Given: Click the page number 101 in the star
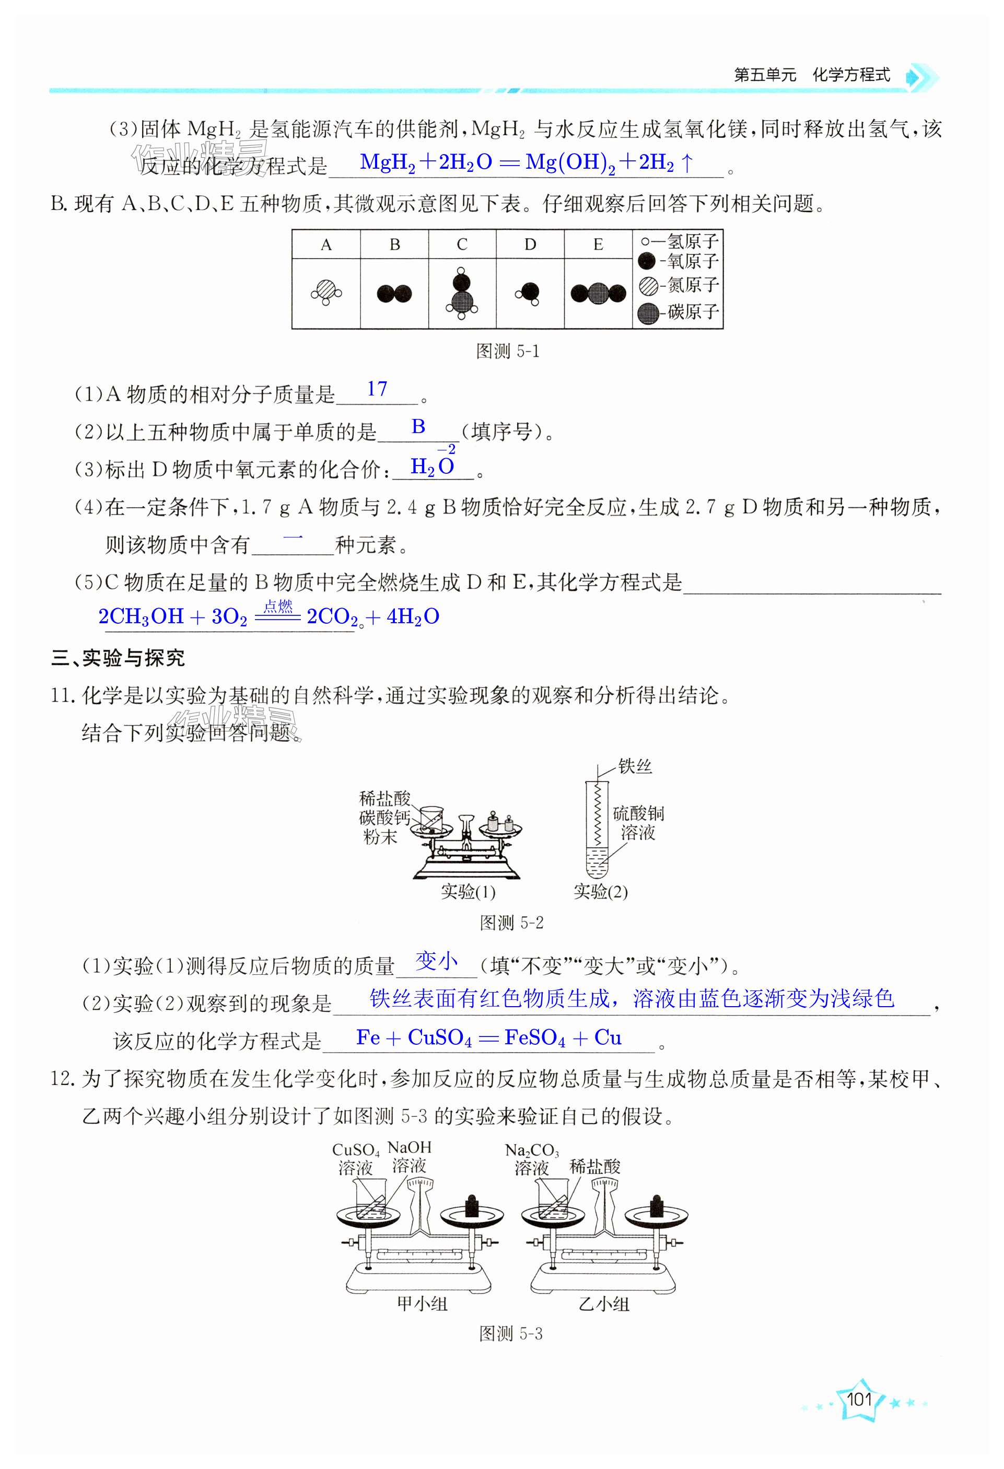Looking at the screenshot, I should pos(859,1399).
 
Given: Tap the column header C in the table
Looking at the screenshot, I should pos(462,244).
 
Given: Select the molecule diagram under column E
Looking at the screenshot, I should pos(598,293).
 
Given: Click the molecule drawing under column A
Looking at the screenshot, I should pos(326,293).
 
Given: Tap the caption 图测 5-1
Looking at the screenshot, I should pos(508,352).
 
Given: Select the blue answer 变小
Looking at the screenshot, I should pos(436,961).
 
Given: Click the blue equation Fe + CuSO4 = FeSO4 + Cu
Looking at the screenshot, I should pos(489,1038).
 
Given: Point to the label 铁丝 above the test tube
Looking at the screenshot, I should pos(635,767).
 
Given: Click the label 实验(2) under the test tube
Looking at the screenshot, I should pos(600,892).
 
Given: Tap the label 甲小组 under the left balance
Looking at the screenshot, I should pos(422,1303).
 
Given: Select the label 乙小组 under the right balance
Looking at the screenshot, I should pos(604,1303).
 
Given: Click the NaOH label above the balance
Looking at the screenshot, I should pos(409,1148).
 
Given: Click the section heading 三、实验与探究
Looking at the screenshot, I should pos(118,658).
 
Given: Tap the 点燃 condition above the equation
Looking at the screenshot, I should pos(278,607).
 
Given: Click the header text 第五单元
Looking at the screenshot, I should pos(764,75).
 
